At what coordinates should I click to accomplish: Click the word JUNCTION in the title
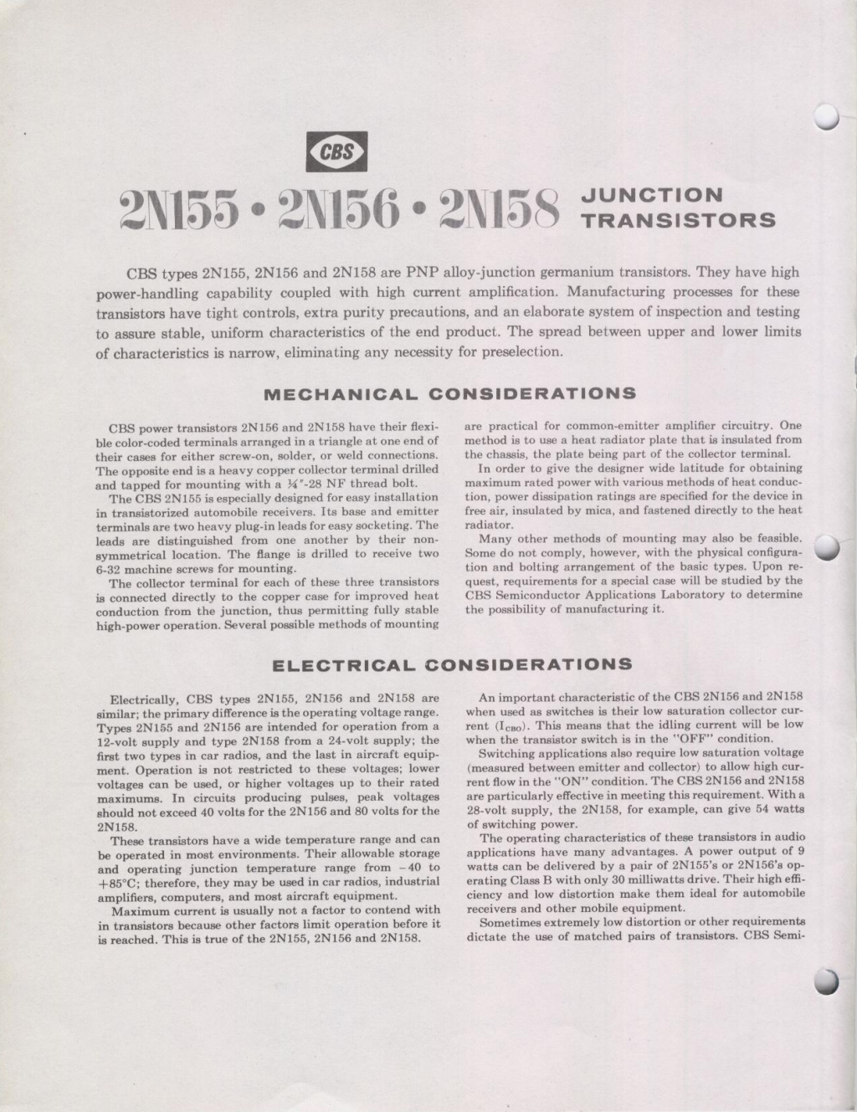tap(652, 196)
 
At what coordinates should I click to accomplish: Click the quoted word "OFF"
tap(690, 739)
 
